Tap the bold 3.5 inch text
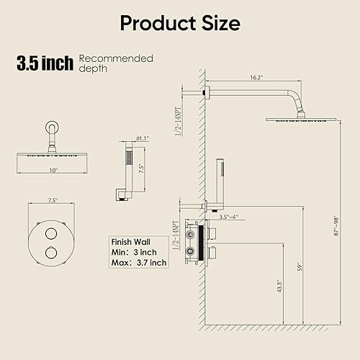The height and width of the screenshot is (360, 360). (45, 63)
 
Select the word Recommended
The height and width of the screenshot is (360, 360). (116, 58)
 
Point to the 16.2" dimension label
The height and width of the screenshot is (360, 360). (256, 78)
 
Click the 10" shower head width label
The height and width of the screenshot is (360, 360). (53, 171)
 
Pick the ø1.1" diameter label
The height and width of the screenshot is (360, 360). (143, 138)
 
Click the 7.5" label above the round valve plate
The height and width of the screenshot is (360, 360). (53, 200)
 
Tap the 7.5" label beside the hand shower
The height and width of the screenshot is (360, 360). (141, 168)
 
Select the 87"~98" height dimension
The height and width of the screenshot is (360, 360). (336, 226)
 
